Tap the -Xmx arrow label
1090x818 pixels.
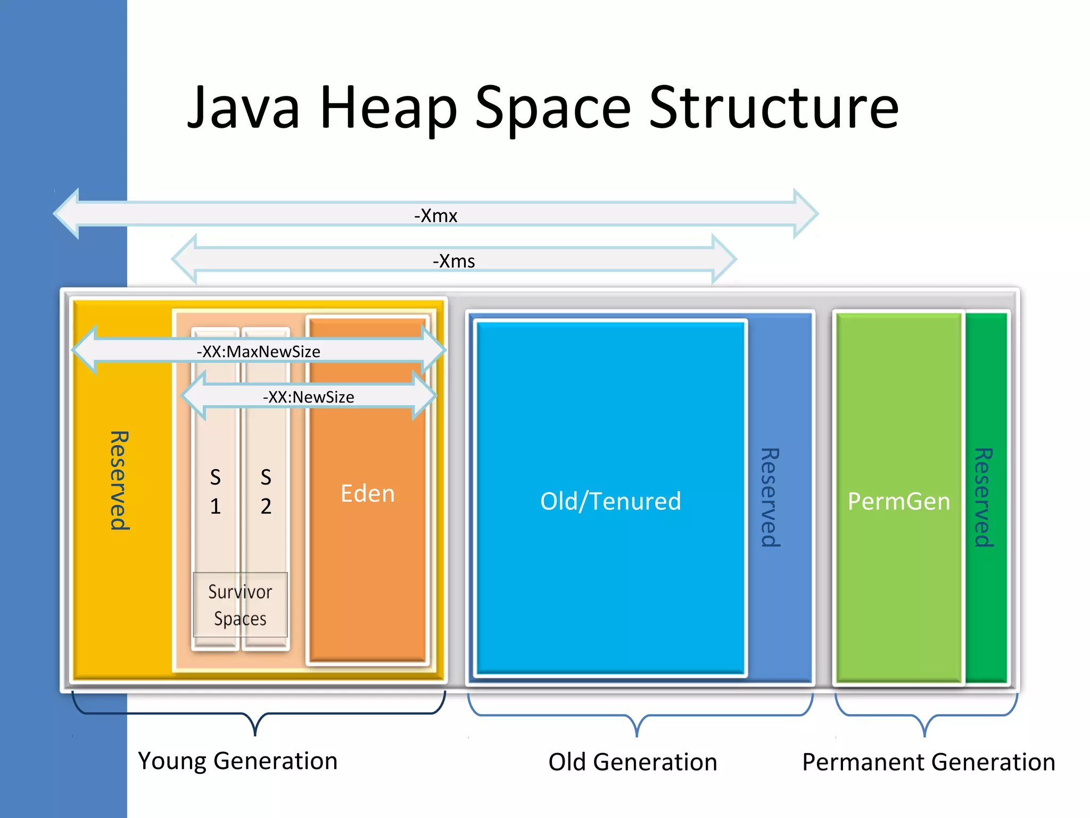click(435, 216)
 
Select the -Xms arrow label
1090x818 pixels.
click(453, 261)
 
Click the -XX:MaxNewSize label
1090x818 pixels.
click(258, 351)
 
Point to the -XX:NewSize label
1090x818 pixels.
click(308, 397)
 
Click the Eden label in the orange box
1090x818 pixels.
click(367, 494)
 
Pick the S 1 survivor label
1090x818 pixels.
click(215, 492)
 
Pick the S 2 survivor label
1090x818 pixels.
click(266, 492)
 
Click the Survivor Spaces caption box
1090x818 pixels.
click(240, 605)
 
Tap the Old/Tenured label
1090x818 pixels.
click(610, 501)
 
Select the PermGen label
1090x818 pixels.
click(898, 501)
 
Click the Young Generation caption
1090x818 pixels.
click(237, 760)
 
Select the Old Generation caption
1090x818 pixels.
click(632, 762)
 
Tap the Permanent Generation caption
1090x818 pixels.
click(928, 762)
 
